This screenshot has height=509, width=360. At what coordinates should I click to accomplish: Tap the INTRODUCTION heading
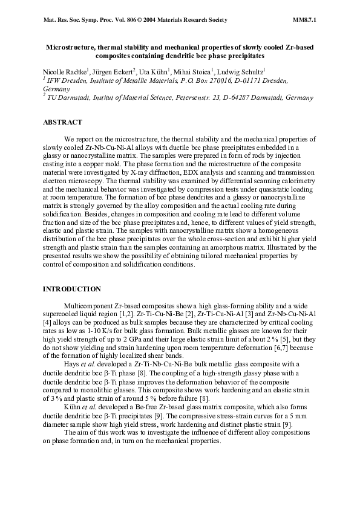(x=71, y=290)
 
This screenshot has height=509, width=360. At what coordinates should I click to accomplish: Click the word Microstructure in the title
(x=71, y=47)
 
